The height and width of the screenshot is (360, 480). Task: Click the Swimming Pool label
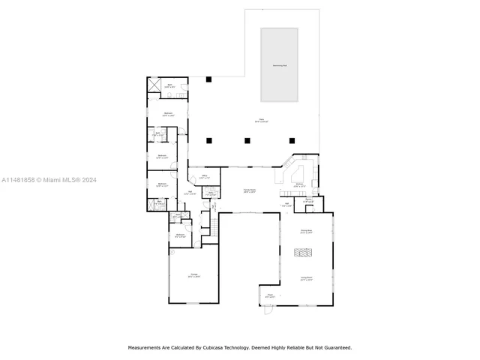tap(279, 66)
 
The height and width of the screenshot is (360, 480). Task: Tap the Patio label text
tap(262, 120)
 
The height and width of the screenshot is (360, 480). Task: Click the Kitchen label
tap(298, 184)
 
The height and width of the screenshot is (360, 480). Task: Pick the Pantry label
tap(308, 200)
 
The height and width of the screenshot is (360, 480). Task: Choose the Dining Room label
tap(306, 231)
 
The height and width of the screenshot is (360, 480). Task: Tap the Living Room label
tap(306, 277)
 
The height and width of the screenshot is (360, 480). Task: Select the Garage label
tap(193, 275)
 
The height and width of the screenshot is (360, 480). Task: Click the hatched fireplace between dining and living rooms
tap(304, 254)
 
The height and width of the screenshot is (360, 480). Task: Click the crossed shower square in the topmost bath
tap(154, 86)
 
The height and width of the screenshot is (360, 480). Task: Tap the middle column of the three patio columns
tap(247, 139)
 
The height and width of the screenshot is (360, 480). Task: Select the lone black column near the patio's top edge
tap(210, 79)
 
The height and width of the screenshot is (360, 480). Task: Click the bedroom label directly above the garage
tap(179, 235)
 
